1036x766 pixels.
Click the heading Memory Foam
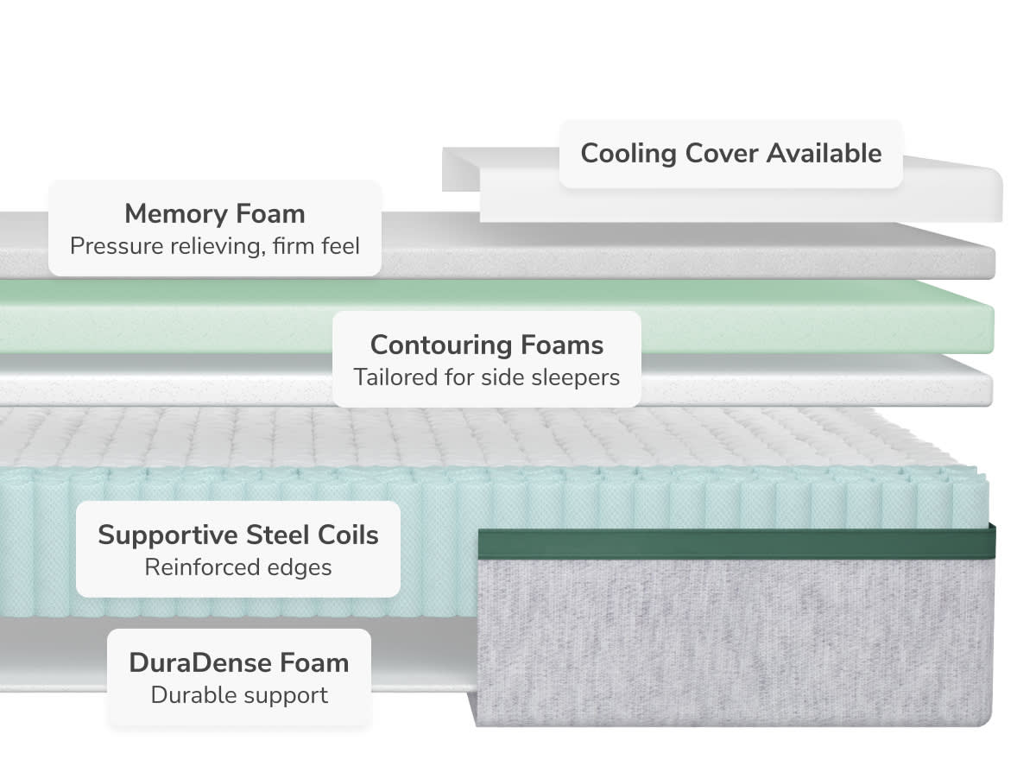pyautogui.click(x=214, y=213)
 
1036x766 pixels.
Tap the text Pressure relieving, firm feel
pyautogui.click(x=214, y=246)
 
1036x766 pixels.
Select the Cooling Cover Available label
pyautogui.click(x=730, y=154)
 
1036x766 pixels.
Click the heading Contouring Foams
pyautogui.click(x=487, y=345)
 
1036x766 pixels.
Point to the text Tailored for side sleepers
pyautogui.click(x=487, y=377)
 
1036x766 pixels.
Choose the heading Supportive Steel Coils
pyautogui.click(x=238, y=535)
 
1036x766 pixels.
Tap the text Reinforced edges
pyautogui.click(x=238, y=567)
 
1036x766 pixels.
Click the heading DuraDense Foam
pyautogui.click(x=239, y=663)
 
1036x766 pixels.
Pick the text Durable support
pyautogui.click(x=239, y=695)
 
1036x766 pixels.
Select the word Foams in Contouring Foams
pyautogui.click(x=561, y=345)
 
